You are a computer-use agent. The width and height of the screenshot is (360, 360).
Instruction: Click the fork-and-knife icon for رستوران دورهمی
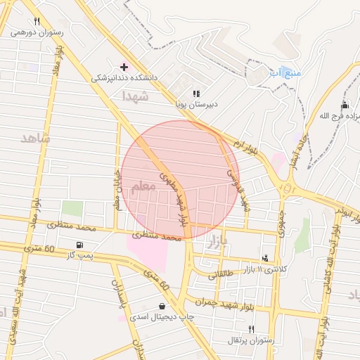[x=37, y=21]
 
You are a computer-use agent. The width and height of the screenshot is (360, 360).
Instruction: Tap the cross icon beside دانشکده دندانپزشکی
[x=124, y=67]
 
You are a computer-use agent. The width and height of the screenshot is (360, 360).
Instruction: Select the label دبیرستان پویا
[x=196, y=105]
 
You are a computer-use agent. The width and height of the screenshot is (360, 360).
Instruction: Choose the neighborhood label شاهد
[x=36, y=138]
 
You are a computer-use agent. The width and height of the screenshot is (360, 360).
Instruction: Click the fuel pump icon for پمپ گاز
[x=78, y=244]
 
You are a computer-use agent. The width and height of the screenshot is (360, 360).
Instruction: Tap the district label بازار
[x=219, y=243]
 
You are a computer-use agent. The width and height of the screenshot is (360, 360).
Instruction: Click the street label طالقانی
[x=219, y=275]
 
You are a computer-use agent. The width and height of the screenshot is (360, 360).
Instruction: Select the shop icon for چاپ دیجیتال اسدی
[x=163, y=306]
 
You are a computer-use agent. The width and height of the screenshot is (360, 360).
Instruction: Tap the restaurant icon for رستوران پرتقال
[x=251, y=329]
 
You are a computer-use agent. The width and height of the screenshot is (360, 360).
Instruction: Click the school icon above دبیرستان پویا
[x=196, y=93]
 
